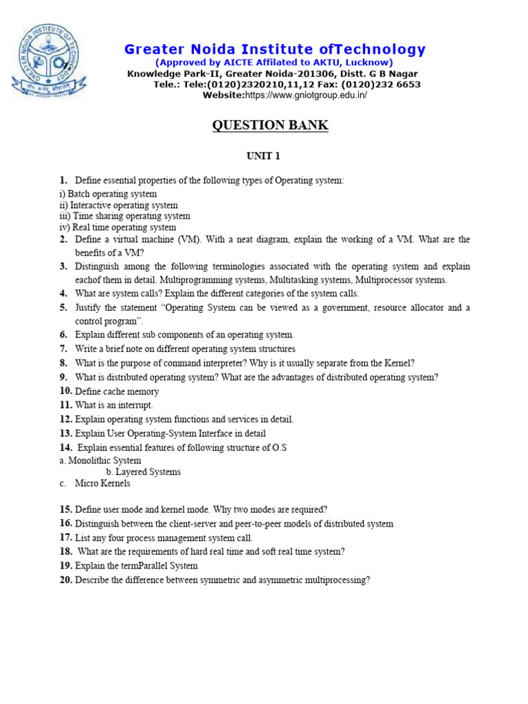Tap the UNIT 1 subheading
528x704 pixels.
(x=263, y=156)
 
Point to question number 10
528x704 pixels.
(x=65, y=391)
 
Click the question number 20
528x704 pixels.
(x=65, y=580)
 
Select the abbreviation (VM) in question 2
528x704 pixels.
(x=193, y=240)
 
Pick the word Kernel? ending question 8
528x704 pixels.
(x=399, y=363)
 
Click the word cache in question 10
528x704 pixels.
(x=117, y=391)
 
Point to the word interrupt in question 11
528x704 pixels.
(x=134, y=405)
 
